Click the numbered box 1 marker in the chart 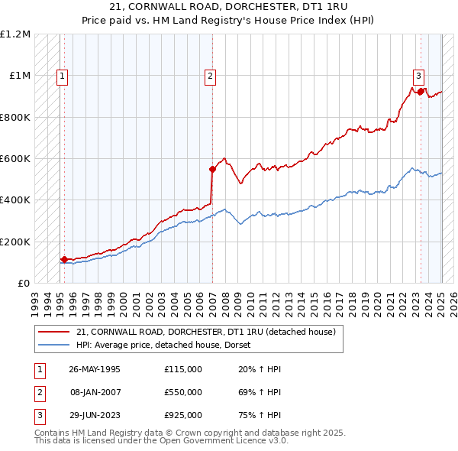pos(61,76)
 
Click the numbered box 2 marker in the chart pos(209,76)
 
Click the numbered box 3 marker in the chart pos(419,76)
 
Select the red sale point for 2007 pos(213,169)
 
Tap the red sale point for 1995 pos(64,259)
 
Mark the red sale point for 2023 pos(421,91)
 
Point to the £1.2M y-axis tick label pos(15,34)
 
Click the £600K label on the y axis pos(15,159)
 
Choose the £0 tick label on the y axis pos(23,283)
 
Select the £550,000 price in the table pos(182,392)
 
